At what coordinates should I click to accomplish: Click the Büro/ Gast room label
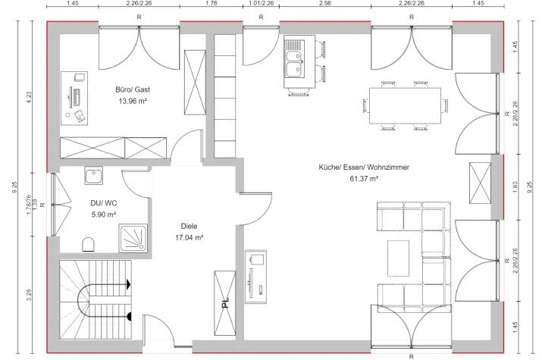click(133, 89)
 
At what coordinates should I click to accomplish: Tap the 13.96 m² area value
click(133, 102)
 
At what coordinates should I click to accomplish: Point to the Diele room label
click(189, 226)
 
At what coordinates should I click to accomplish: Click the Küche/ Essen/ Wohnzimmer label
click(364, 167)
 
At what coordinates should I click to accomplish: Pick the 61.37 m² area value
click(364, 179)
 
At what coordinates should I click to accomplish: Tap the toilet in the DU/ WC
click(88, 244)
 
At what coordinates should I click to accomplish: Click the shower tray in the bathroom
click(133, 238)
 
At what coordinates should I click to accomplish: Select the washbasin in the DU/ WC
click(94, 176)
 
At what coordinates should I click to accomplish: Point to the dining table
click(405, 105)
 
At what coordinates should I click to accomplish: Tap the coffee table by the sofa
click(398, 258)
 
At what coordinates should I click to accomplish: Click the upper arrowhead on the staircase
click(128, 284)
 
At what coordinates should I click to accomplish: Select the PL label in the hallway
click(225, 303)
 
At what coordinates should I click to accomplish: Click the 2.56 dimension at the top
click(325, 3)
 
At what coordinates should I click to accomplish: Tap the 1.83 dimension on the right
click(515, 187)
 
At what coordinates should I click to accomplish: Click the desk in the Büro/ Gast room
click(74, 99)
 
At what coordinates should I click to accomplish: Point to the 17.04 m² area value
click(189, 238)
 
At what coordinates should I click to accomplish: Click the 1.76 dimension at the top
click(211, 3)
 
